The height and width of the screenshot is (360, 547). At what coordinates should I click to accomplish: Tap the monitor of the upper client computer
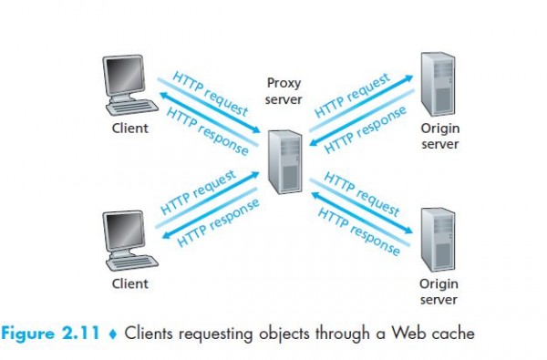[124, 77]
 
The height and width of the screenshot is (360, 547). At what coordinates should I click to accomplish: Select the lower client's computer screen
[124, 231]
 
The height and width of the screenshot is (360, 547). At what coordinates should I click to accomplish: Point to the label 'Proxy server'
[284, 90]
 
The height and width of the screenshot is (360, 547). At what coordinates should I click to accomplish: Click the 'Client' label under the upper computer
[129, 129]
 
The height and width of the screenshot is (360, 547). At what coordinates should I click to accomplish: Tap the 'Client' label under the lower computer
[129, 283]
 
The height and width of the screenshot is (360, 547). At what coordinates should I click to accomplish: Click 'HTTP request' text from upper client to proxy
[208, 87]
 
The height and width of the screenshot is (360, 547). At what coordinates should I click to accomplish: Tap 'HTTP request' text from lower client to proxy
[197, 194]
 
